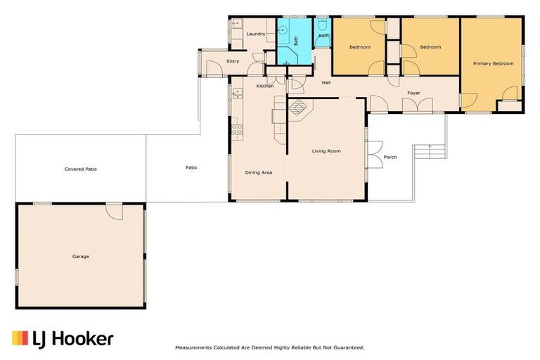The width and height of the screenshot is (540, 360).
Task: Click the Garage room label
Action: (81, 257)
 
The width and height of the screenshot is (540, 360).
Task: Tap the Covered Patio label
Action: (81, 169)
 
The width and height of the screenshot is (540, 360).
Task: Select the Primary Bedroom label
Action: (493, 64)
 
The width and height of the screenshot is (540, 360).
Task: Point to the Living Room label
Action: (326, 151)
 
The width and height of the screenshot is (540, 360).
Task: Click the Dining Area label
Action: (258, 172)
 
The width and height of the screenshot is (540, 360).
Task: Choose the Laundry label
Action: (256, 34)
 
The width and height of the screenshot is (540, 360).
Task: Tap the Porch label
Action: (390, 157)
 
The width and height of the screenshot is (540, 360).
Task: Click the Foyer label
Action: (413, 93)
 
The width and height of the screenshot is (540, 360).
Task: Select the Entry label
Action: (233, 61)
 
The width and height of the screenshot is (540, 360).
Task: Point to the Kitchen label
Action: (265, 86)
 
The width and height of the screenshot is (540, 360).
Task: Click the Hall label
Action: (326, 83)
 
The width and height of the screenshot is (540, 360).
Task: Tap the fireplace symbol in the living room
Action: (298, 108)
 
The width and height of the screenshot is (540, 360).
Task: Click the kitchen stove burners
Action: (237, 129)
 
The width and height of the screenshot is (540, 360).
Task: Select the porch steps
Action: (430, 151)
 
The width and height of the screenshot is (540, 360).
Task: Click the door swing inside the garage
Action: (115, 212)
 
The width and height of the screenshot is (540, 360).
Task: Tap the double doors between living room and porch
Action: (374, 154)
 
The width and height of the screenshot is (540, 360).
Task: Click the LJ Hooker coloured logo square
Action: (20, 338)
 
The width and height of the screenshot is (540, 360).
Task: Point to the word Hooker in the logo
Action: (84, 339)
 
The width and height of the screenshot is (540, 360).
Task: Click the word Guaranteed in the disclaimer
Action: (349, 348)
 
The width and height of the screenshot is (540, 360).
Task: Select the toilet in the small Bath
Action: (322, 25)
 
